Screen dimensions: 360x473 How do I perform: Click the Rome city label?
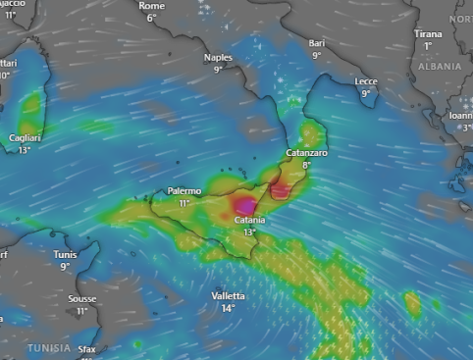[x=152, y=6]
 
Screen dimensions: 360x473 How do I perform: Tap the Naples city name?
[x=218, y=58]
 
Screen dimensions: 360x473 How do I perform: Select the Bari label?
[x=316, y=44]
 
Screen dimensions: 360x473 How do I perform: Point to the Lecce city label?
[x=366, y=81]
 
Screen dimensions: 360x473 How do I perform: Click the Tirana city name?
[x=428, y=33]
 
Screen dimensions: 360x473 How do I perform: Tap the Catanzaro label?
[x=305, y=154]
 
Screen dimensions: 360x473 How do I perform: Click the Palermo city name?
[x=184, y=190]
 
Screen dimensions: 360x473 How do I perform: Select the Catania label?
[x=249, y=221]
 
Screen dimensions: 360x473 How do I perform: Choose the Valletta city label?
[x=228, y=296]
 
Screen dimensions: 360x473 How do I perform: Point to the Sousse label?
[x=82, y=299]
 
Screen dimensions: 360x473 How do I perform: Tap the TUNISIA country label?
[x=48, y=348]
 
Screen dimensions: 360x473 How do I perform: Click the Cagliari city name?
[x=24, y=138]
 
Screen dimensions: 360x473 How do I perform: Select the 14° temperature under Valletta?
[x=228, y=308]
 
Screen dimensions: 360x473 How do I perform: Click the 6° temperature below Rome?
[x=151, y=18]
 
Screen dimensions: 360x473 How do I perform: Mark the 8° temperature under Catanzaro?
[x=305, y=166]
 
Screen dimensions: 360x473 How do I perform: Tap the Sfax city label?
[x=88, y=349]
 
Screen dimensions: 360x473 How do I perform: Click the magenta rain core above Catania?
[x=244, y=205]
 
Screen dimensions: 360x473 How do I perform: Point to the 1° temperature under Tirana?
[x=428, y=46]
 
